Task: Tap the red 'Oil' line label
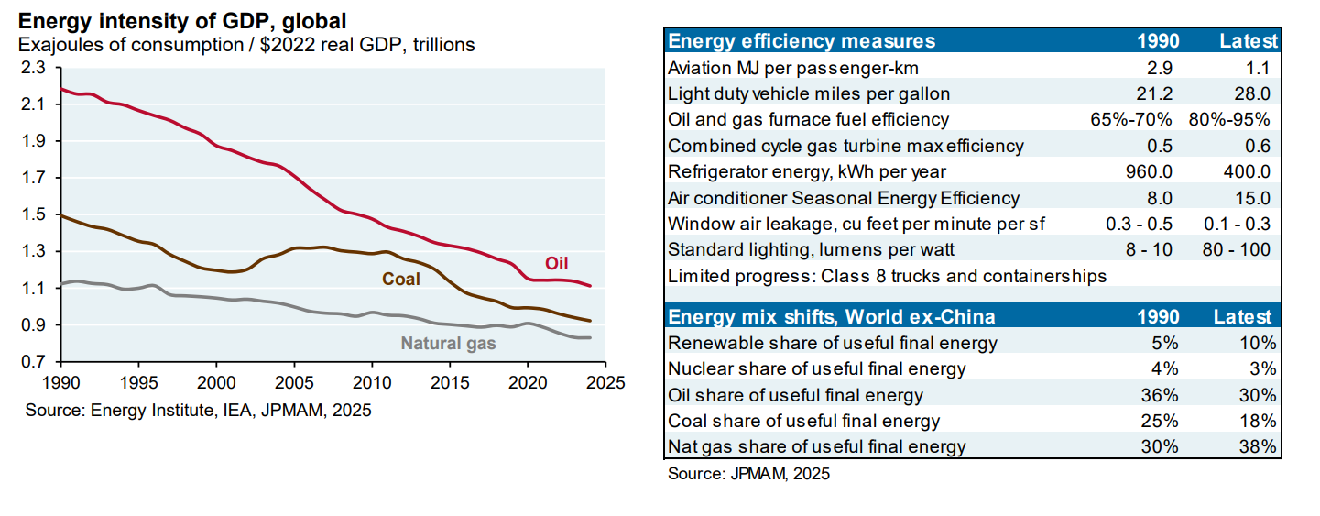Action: (556, 264)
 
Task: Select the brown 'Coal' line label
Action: (401, 279)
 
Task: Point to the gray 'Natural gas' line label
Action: (448, 344)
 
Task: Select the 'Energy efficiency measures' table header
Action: (802, 41)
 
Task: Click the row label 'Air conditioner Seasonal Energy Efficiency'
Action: (844, 198)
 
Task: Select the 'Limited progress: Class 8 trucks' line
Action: (887, 276)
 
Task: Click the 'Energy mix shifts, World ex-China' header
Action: (832, 317)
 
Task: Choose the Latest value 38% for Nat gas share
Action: (1259, 447)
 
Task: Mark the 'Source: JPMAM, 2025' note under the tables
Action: (748, 474)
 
